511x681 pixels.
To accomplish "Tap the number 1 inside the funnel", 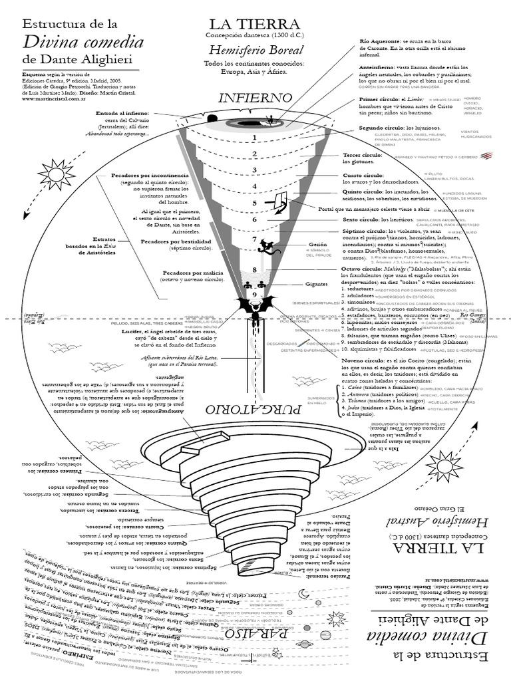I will [x=254, y=138].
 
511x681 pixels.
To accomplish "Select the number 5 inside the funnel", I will [x=254, y=203].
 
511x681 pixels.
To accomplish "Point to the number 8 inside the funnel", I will [x=254, y=269].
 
